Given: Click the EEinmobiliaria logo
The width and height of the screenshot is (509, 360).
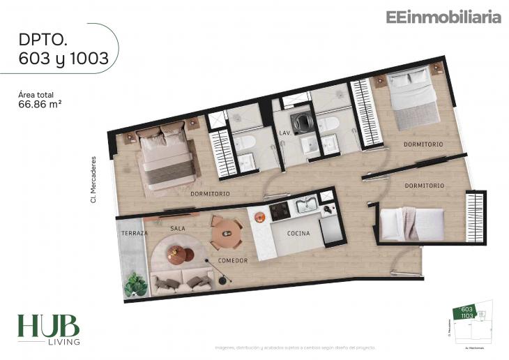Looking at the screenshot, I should [443, 17].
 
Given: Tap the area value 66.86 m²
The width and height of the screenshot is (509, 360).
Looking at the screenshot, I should [44, 106].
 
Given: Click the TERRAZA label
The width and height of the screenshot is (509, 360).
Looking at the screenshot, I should [132, 232].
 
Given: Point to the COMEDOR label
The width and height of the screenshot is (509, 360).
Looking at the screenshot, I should [233, 260].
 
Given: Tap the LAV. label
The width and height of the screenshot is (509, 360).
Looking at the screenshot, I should [284, 132].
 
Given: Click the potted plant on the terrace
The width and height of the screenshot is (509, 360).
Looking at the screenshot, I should [135, 283].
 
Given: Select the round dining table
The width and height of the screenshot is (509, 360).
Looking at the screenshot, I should [226, 234].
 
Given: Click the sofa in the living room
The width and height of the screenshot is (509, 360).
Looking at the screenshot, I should [183, 281].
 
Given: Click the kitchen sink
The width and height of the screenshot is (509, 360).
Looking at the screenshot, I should [306, 205].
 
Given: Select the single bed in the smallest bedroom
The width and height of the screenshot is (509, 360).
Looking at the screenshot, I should [411, 224].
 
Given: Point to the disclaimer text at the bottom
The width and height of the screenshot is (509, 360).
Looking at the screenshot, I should [295, 347].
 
